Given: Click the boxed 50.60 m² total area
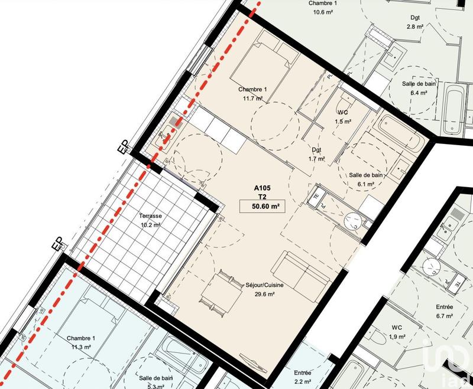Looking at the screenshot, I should (260, 206).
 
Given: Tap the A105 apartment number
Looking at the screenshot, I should (261, 188).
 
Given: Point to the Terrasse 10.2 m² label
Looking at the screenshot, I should (151, 220).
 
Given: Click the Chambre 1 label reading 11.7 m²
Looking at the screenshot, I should (253, 94).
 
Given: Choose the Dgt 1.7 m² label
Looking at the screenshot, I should (317, 154).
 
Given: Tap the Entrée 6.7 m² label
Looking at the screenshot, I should (443, 312).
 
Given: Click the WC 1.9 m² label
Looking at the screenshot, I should (397, 332).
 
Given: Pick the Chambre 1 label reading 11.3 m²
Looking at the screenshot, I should (81, 342).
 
